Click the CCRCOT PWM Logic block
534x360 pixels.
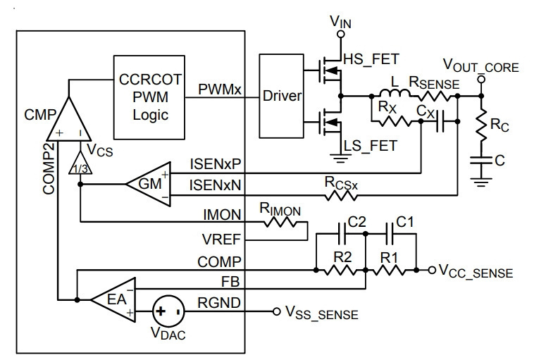pos(149,97)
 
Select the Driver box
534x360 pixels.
pos(281,96)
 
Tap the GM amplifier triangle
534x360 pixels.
pos(149,185)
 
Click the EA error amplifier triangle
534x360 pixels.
pos(113,299)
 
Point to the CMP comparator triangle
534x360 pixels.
pos(69,119)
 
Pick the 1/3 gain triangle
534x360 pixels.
pos(80,163)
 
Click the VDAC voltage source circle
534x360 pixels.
pos(168,311)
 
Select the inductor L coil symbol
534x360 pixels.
pos(395,93)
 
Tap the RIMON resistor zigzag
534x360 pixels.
pos(280,223)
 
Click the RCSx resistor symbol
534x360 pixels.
pos(341,195)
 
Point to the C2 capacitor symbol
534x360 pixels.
pos(342,234)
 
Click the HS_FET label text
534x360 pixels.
pos(371,59)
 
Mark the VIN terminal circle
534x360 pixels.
pos(340,34)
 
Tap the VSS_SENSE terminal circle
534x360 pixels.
pos(277,311)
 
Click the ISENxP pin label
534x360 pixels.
pos(216,164)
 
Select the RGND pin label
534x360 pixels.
pos(219,303)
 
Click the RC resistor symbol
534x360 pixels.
pos(481,125)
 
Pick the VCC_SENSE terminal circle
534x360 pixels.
pos(432,270)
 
